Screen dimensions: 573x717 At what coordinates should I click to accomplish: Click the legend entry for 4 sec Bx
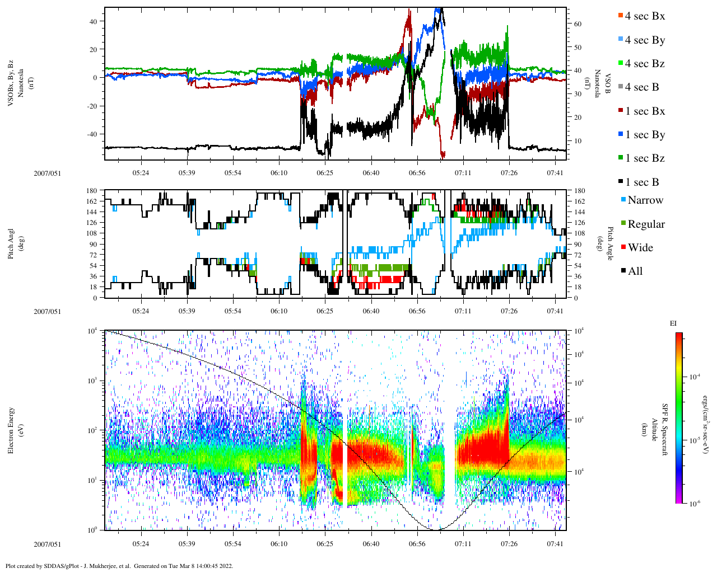click(x=644, y=16)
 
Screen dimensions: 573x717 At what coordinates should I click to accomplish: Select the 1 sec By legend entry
click(x=644, y=135)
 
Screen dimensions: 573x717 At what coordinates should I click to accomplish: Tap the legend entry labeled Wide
click(x=640, y=248)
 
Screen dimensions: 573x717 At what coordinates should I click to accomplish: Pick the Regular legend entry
click(x=645, y=224)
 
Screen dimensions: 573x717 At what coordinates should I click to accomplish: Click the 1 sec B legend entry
click(x=641, y=182)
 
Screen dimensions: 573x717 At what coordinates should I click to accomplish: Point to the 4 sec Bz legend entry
click(x=644, y=64)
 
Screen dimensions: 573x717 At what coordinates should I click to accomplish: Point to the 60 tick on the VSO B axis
click(x=578, y=25)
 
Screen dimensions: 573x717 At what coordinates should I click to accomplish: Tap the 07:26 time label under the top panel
click(x=509, y=173)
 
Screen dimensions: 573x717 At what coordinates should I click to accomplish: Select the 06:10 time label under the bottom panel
click(x=279, y=544)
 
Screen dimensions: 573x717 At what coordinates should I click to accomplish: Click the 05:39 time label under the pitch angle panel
click(x=187, y=311)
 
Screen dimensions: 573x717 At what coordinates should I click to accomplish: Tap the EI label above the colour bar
click(x=673, y=323)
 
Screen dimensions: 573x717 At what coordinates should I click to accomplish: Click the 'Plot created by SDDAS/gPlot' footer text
click(x=119, y=566)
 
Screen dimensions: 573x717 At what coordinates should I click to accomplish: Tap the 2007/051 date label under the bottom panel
click(x=47, y=544)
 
